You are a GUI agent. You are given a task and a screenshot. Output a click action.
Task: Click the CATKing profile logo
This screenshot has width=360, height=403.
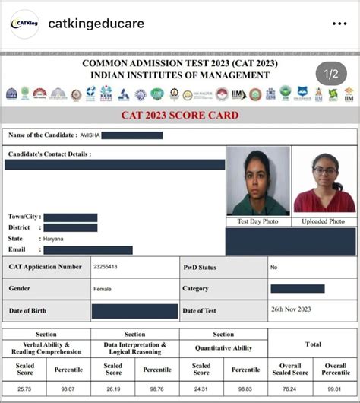25,24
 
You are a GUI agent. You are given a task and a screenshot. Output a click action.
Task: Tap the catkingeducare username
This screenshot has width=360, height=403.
96,24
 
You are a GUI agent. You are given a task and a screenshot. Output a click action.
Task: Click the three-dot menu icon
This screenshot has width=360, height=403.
338,24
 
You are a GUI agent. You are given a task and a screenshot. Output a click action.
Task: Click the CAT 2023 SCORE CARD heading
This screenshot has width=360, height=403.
180,116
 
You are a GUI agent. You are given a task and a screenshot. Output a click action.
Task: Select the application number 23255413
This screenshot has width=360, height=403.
105,267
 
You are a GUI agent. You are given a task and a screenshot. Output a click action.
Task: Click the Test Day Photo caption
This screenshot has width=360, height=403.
258,221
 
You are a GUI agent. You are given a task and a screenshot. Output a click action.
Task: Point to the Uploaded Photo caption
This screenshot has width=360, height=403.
324,221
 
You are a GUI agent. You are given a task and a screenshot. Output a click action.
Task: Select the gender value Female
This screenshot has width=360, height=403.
102,289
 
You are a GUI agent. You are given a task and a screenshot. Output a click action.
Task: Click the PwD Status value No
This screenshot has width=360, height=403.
273,268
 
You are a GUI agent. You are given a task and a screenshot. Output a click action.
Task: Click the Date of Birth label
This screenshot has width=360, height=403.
30,310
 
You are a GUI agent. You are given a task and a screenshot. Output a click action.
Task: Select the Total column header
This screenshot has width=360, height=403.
313,344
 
